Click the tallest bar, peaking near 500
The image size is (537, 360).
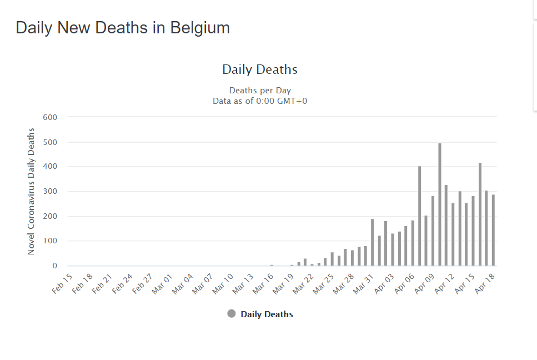440,204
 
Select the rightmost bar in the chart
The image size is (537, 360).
494,230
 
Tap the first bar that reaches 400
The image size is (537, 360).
419,216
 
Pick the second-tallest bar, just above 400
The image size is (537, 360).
480,214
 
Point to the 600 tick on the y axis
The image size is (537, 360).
50,117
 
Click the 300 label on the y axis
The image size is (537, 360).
50,192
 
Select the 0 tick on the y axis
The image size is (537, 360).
55,266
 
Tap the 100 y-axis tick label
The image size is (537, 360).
50,241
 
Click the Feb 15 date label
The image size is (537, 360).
62,284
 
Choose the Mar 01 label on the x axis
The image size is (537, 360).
162,284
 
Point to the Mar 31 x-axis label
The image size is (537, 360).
363,284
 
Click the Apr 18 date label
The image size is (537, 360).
485,284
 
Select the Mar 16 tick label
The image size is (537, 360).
263,284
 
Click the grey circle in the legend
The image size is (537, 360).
232,314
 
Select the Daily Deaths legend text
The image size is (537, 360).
267,314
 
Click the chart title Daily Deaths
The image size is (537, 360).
260,69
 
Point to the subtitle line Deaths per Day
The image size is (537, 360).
260,91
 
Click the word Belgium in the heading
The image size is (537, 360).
200,28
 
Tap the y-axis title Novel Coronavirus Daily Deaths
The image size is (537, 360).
31,192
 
